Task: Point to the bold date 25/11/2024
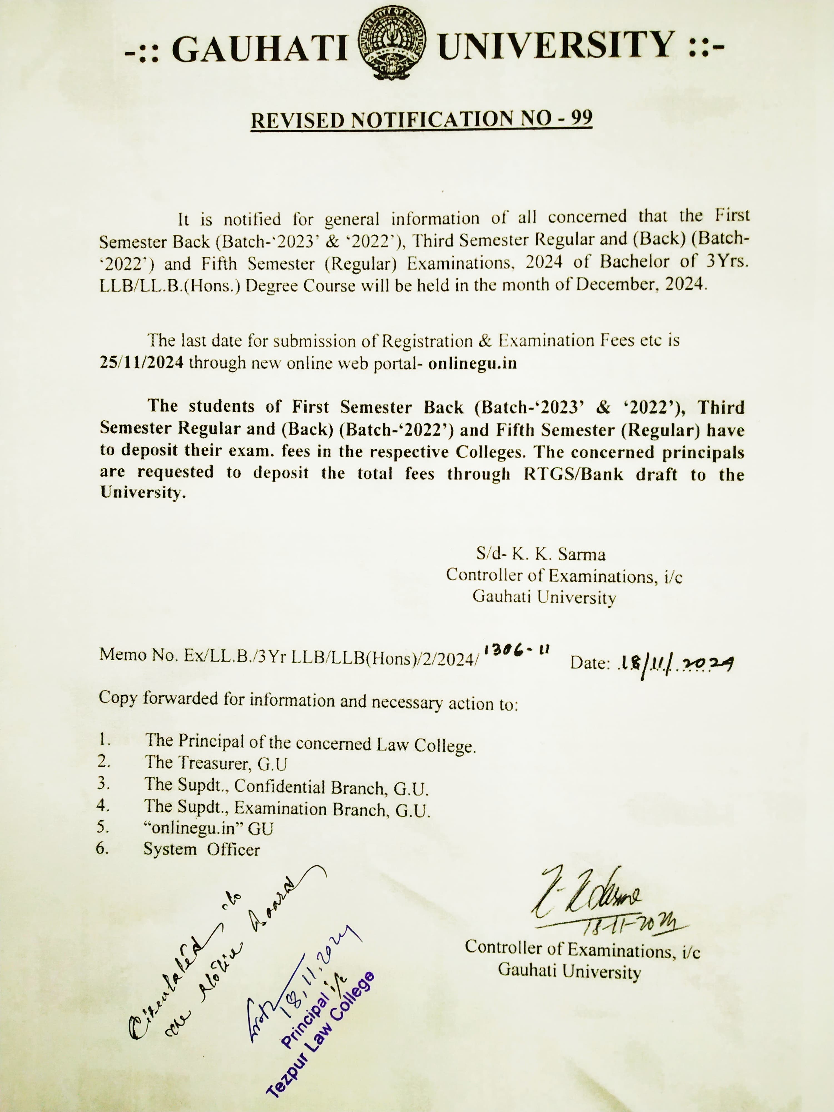(141, 363)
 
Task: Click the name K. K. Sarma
(558, 554)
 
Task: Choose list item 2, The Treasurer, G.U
(216, 763)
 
